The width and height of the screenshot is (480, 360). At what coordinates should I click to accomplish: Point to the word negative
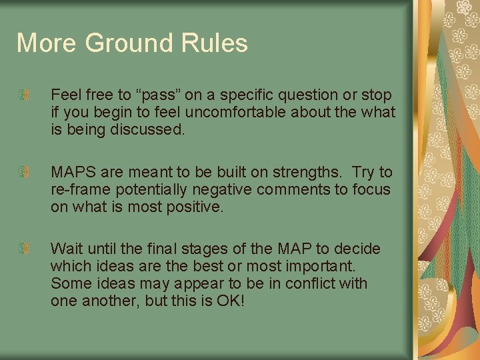[215, 190]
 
